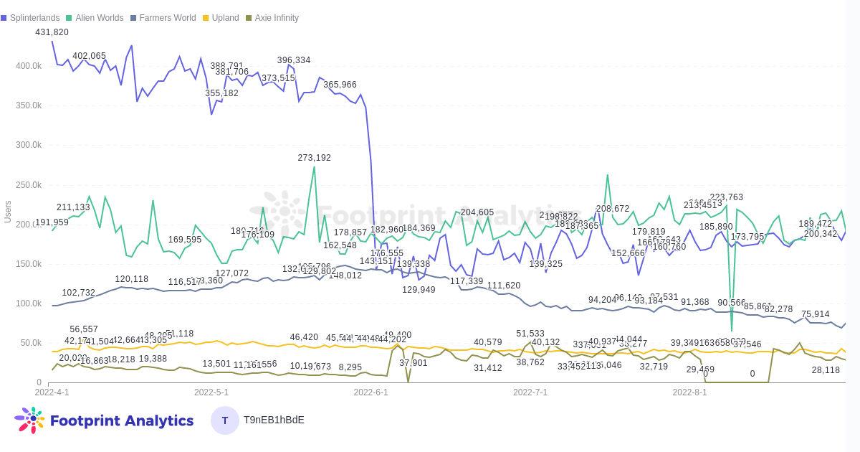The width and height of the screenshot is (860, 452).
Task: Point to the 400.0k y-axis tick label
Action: tap(29, 66)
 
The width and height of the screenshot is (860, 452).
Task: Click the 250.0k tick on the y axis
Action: tap(29, 185)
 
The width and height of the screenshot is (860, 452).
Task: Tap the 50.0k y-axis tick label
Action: tap(31, 343)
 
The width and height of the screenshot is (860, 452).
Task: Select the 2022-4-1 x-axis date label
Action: tap(52, 392)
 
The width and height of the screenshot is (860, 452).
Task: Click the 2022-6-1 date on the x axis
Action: tap(371, 392)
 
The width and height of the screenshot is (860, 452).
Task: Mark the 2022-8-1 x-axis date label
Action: tap(689, 392)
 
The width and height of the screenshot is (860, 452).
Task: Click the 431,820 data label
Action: tap(52, 32)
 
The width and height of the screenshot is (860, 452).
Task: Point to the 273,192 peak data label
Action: tap(315, 158)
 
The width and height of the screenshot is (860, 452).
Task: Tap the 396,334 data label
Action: tap(294, 60)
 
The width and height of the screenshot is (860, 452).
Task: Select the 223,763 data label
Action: tap(726, 197)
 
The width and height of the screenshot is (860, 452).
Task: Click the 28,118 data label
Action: tap(826, 370)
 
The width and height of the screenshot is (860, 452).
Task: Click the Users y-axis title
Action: tap(8, 212)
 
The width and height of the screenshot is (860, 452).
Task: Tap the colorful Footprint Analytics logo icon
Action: tap(29, 420)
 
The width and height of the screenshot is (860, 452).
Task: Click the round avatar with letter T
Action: tap(225, 420)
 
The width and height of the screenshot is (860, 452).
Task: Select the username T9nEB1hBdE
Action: tap(274, 420)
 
